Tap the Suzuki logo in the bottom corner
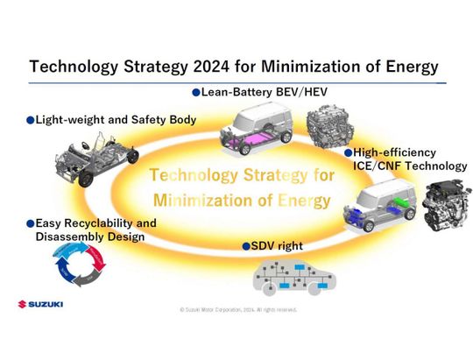[x=40, y=304]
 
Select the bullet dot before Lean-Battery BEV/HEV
[x=196, y=91]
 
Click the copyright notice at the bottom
[x=237, y=309]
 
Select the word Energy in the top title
[x=402, y=67]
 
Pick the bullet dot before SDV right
[x=246, y=246]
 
